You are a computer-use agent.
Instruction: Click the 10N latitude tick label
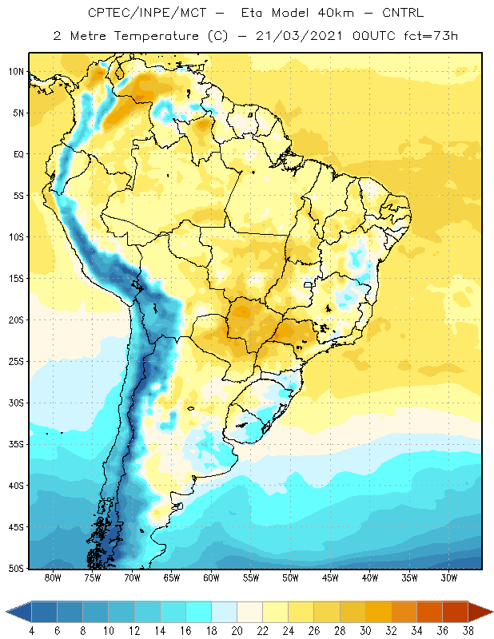click(x=16, y=72)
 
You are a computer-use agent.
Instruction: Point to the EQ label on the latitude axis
click(x=19, y=154)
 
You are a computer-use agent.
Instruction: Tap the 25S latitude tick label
click(x=16, y=362)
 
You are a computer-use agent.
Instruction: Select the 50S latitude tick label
click(x=16, y=569)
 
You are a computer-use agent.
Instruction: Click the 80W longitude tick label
click(x=53, y=577)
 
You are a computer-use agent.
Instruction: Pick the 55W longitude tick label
click(x=251, y=577)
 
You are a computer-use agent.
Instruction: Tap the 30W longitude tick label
click(x=448, y=577)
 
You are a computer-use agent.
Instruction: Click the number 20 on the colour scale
click(x=237, y=631)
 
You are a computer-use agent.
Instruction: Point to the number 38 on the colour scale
click(x=468, y=631)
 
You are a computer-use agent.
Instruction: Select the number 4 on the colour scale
click(x=32, y=631)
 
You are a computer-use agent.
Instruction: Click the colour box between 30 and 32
click(x=378, y=612)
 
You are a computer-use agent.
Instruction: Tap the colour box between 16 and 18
click(x=199, y=612)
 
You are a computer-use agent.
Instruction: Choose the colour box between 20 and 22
click(x=250, y=612)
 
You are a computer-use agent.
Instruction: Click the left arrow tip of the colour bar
click(x=6, y=612)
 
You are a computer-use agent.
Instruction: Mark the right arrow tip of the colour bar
click(x=493, y=612)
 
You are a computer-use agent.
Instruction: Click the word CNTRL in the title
click(x=403, y=13)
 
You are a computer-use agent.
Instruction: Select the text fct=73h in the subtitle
click(x=431, y=36)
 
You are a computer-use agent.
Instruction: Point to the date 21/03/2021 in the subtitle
click(x=299, y=36)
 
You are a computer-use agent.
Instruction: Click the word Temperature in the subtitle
click(x=156, y=36)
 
